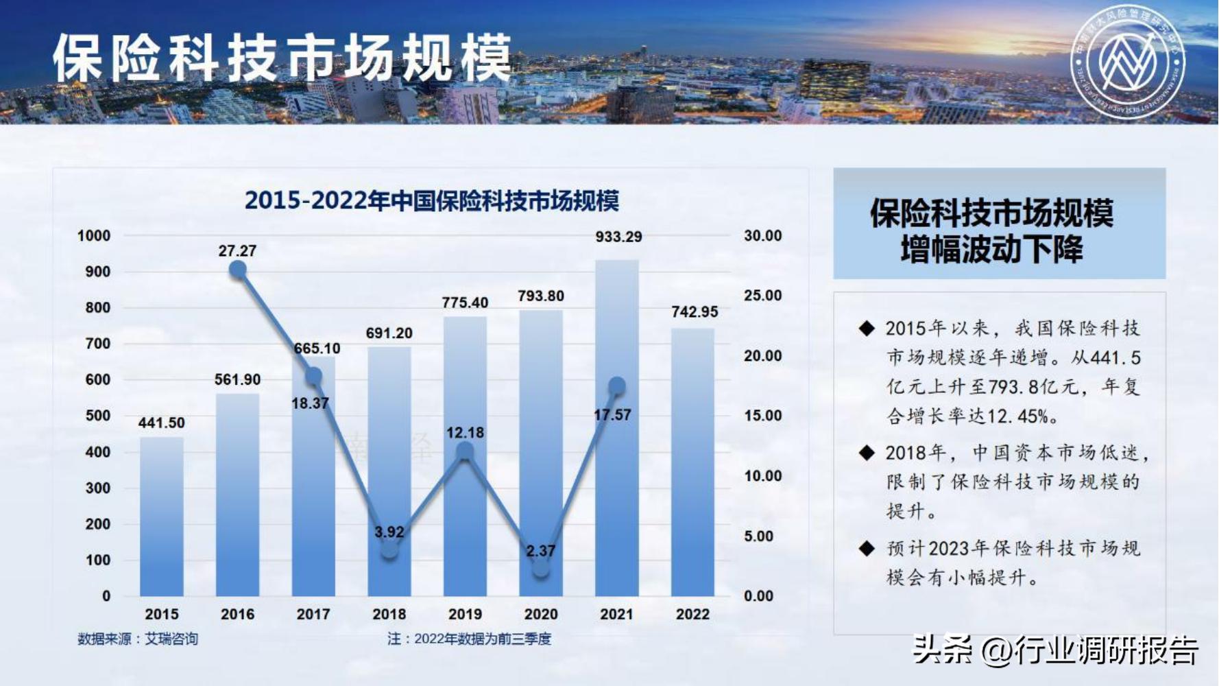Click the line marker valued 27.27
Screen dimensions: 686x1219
coord(238,270)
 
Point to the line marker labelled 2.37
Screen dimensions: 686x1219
coord(541,569)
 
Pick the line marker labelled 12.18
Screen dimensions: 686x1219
coord(465,451)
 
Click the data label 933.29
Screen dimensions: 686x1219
coord(618,237)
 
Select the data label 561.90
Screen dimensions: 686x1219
coord(237,379)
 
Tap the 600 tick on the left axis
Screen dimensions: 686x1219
coord(97,379)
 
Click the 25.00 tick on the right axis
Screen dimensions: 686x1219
coord(762,296)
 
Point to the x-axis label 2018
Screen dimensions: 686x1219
coord(389,614)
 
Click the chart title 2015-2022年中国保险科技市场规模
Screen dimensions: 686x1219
coord(432,201)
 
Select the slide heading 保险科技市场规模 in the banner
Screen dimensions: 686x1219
coord(282,58)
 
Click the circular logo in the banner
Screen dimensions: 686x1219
coord(1128,61)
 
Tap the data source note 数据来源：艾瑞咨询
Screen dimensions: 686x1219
coord(137,639)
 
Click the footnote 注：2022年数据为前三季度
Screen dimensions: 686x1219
coord(469,639)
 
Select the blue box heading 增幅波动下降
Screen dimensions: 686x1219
coord(991,249)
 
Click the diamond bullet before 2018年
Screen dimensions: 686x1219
coord(867,453)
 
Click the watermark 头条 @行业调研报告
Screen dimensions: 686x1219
coord(1055,649)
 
